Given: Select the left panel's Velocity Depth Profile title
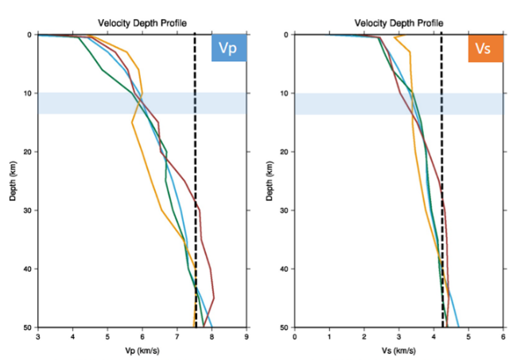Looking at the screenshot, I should point(142,22).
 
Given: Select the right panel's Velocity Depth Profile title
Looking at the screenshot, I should point(399,22).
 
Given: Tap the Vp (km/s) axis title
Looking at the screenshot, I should point(142,350).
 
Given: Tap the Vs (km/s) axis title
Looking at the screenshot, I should point(399,350).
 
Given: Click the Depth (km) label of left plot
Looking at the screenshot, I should point(14,180).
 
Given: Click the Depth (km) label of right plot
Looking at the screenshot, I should point(270,180).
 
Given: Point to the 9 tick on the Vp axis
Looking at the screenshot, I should point(247,336).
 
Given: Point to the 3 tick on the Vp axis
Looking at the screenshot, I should point(38,336).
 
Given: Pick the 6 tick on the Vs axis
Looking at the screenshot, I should point(504,336).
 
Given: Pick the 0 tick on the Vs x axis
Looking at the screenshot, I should point(295,336).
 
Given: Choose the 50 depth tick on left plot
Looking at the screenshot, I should point(27,327).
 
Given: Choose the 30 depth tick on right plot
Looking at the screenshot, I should point(284,210).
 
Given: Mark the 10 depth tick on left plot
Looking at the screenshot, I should point(27,93).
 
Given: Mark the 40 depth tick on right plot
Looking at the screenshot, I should point(284,269).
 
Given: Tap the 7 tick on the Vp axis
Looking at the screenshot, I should point(177,336).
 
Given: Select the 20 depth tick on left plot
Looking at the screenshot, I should point(27,152).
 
